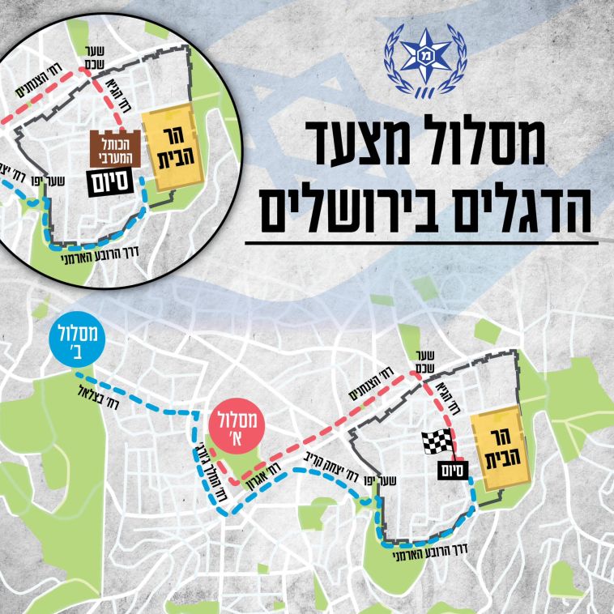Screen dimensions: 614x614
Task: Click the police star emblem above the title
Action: click(x=424, y=62)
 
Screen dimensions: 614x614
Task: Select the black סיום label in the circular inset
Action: click(x=109, y=182)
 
